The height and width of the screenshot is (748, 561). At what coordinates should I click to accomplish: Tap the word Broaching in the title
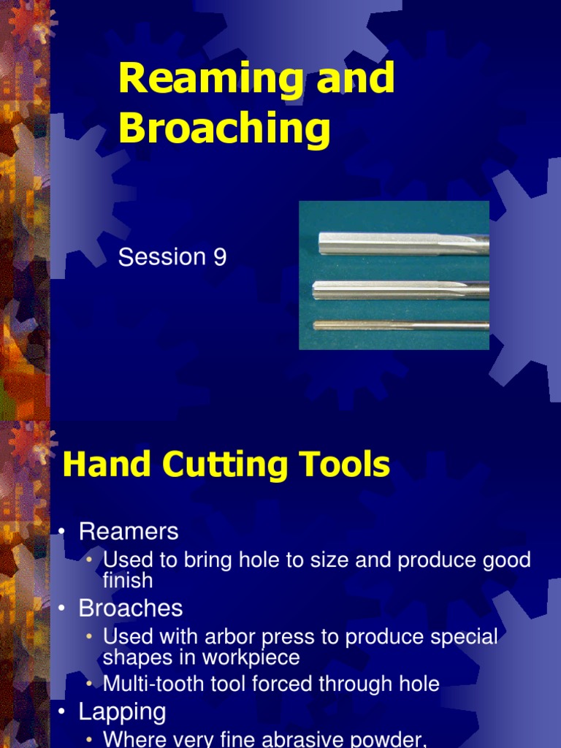(224, 129)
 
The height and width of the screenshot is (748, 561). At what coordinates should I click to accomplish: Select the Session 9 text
(172, 257)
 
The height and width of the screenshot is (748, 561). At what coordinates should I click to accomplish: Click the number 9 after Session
(220, 257)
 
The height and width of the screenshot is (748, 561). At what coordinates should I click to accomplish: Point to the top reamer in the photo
(403, 243)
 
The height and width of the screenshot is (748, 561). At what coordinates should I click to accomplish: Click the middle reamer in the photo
(400, 291)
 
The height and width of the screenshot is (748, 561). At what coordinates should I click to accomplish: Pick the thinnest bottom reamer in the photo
(400, 326)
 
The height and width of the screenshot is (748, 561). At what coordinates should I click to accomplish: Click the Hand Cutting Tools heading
(226, 465)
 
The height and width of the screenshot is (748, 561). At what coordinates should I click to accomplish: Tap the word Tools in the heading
(347, 465)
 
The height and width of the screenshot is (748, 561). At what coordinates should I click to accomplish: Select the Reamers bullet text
(129, 531)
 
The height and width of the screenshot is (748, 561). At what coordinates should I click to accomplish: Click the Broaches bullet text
(131, 608)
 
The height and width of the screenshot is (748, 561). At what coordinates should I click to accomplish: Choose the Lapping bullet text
(123, 711)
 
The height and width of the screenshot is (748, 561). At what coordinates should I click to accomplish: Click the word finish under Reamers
(128, 581)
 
